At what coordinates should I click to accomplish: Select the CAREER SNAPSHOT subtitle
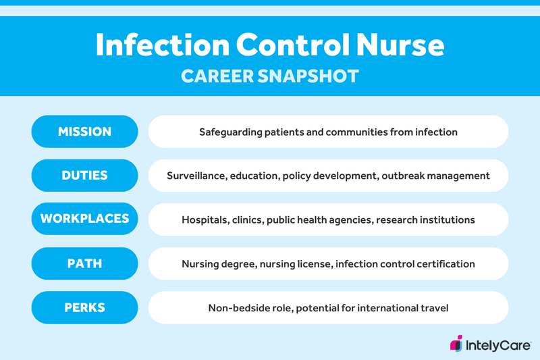270,76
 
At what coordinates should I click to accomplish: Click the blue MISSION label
84,132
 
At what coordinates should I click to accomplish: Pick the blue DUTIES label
84,176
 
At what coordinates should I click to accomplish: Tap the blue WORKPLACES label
84,220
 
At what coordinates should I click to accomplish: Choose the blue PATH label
84,263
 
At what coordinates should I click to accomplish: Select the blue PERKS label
84,307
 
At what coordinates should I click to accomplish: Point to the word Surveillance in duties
196,176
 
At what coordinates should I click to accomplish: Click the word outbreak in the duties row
403,176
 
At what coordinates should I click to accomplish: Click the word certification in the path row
443,264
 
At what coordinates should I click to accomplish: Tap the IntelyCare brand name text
498,344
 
